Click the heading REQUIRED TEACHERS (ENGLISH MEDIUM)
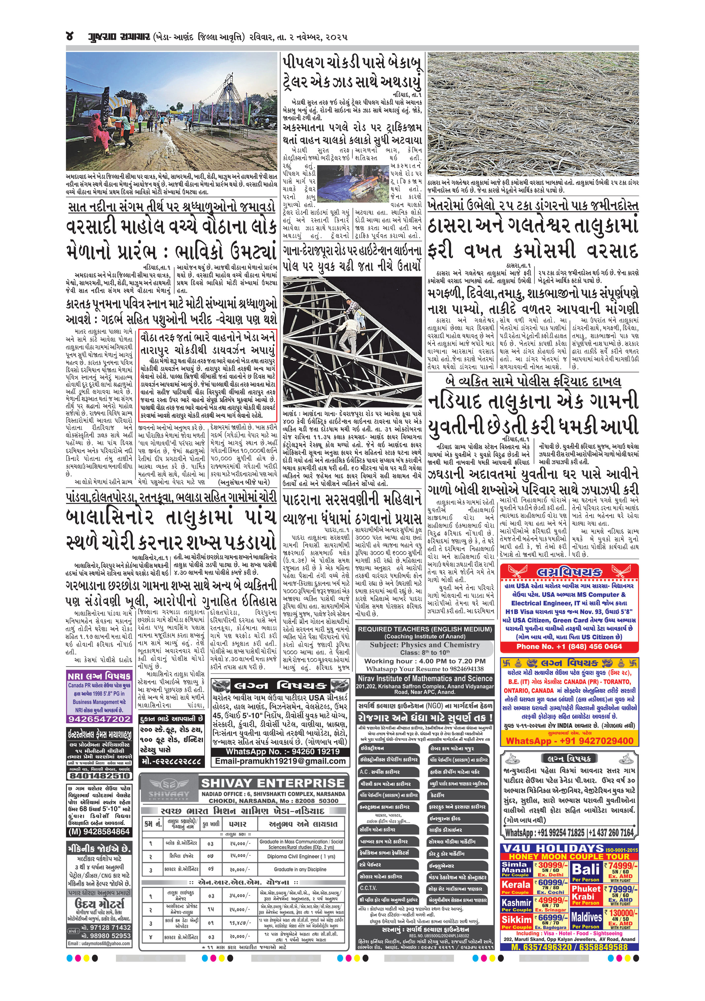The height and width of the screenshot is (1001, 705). point(425,629)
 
